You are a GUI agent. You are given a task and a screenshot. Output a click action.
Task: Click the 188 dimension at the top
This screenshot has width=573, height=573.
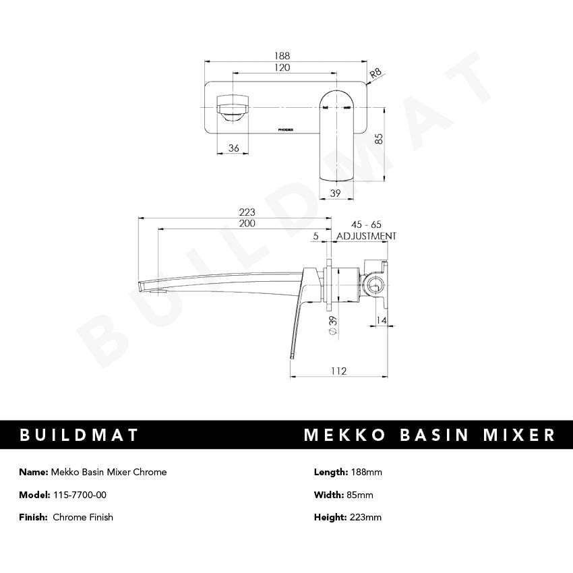pos(282,56)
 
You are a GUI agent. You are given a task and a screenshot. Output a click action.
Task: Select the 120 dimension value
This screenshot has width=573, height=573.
pos(282,68)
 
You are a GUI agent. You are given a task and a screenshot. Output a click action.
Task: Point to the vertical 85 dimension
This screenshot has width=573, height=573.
pos(379,138)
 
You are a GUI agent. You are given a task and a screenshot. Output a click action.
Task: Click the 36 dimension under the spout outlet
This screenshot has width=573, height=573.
pos(234,148)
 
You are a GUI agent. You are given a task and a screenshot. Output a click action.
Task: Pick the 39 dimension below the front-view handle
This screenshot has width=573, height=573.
pos(336,193)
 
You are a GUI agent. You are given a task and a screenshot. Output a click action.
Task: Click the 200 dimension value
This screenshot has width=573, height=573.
pos(247,224)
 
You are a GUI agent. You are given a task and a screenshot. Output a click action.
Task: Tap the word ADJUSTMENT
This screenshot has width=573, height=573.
pos(366,236)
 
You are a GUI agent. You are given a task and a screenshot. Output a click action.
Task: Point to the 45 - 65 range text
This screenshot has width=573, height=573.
pos(366,224)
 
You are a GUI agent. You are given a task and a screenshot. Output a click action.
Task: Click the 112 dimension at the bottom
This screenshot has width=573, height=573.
pos(338,371)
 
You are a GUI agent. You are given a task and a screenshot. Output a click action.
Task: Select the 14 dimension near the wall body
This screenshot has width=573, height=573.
pos(382,321)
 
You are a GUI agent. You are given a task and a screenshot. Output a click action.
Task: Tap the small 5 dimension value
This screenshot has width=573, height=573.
pos(315,235)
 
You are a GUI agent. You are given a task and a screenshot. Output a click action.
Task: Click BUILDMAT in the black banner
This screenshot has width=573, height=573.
pos(79,435)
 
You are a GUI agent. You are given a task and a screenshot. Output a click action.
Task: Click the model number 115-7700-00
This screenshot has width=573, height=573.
pos(79,495)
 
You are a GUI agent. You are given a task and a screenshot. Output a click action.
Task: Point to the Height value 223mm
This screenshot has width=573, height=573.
pos(365,517)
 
